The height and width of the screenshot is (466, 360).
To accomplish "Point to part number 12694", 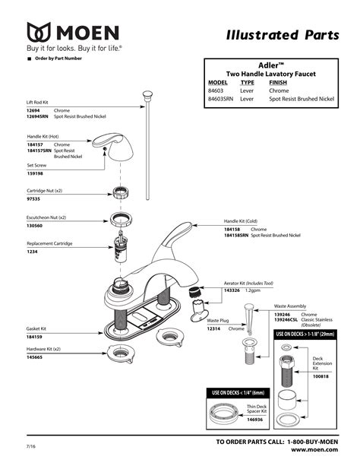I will point(35,111).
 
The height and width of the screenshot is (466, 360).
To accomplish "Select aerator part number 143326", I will point(233,289).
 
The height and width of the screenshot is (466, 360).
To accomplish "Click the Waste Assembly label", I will point(291,307).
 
